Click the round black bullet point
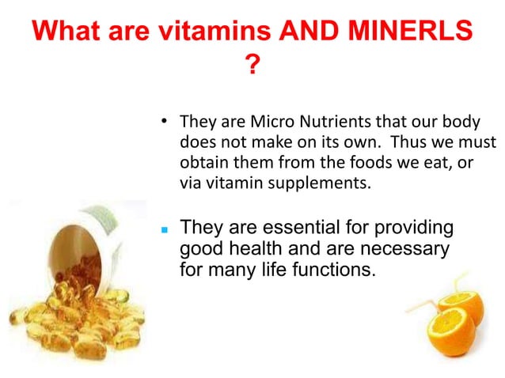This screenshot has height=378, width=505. click(164, 123)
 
